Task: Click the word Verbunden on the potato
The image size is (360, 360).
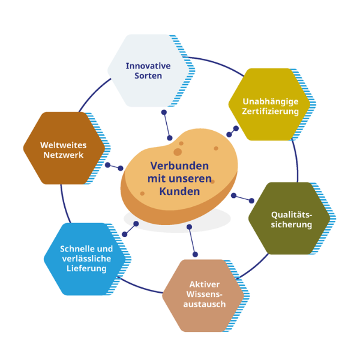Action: [x=179, y=166]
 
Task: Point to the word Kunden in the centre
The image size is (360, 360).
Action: [x=179, y=191]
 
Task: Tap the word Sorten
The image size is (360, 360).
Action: [x=148, y=76]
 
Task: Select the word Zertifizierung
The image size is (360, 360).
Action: [x=270, y=111]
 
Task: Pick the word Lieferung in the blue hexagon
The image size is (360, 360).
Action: [x=86, y=269]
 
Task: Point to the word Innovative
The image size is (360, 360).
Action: [x=148, y=65]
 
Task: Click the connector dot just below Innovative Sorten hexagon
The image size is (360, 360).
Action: [x=164, y=112]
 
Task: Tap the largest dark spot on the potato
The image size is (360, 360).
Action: [x=178, y=152]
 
